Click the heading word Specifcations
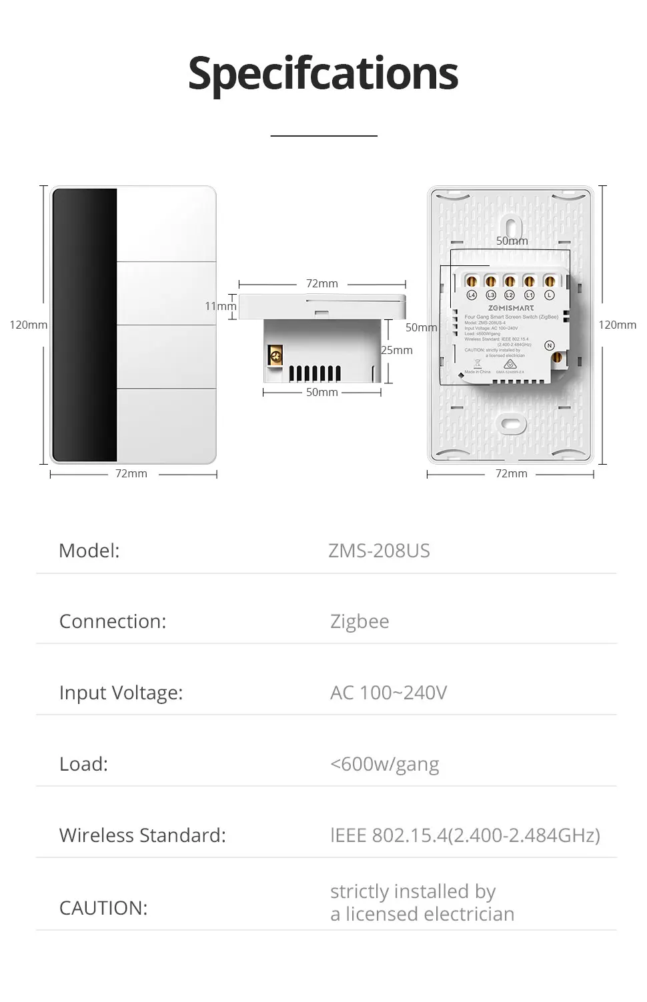(x=323, y=73)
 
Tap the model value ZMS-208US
(x=379, y=551)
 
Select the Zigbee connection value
(x=360, y=621)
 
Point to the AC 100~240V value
(x=388, y=693)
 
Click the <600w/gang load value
(x=384, y=764)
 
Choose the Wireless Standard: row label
(x=142, y=835)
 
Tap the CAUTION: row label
(x=103, y=908)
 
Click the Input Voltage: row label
(x=121, y=693)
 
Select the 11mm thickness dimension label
(x=219, y=307)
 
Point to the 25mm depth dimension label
(x=397, y=350)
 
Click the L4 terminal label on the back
(x=472, y=295)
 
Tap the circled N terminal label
(x=550, y=345)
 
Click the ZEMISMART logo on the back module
(x=511, y=308)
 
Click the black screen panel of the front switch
(x=84, y=325)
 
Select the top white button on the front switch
(x=166, y=225)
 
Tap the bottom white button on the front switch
(x=166, y=425)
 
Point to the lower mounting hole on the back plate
(x=511, y=423)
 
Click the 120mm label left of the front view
(x=29, y=325)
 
